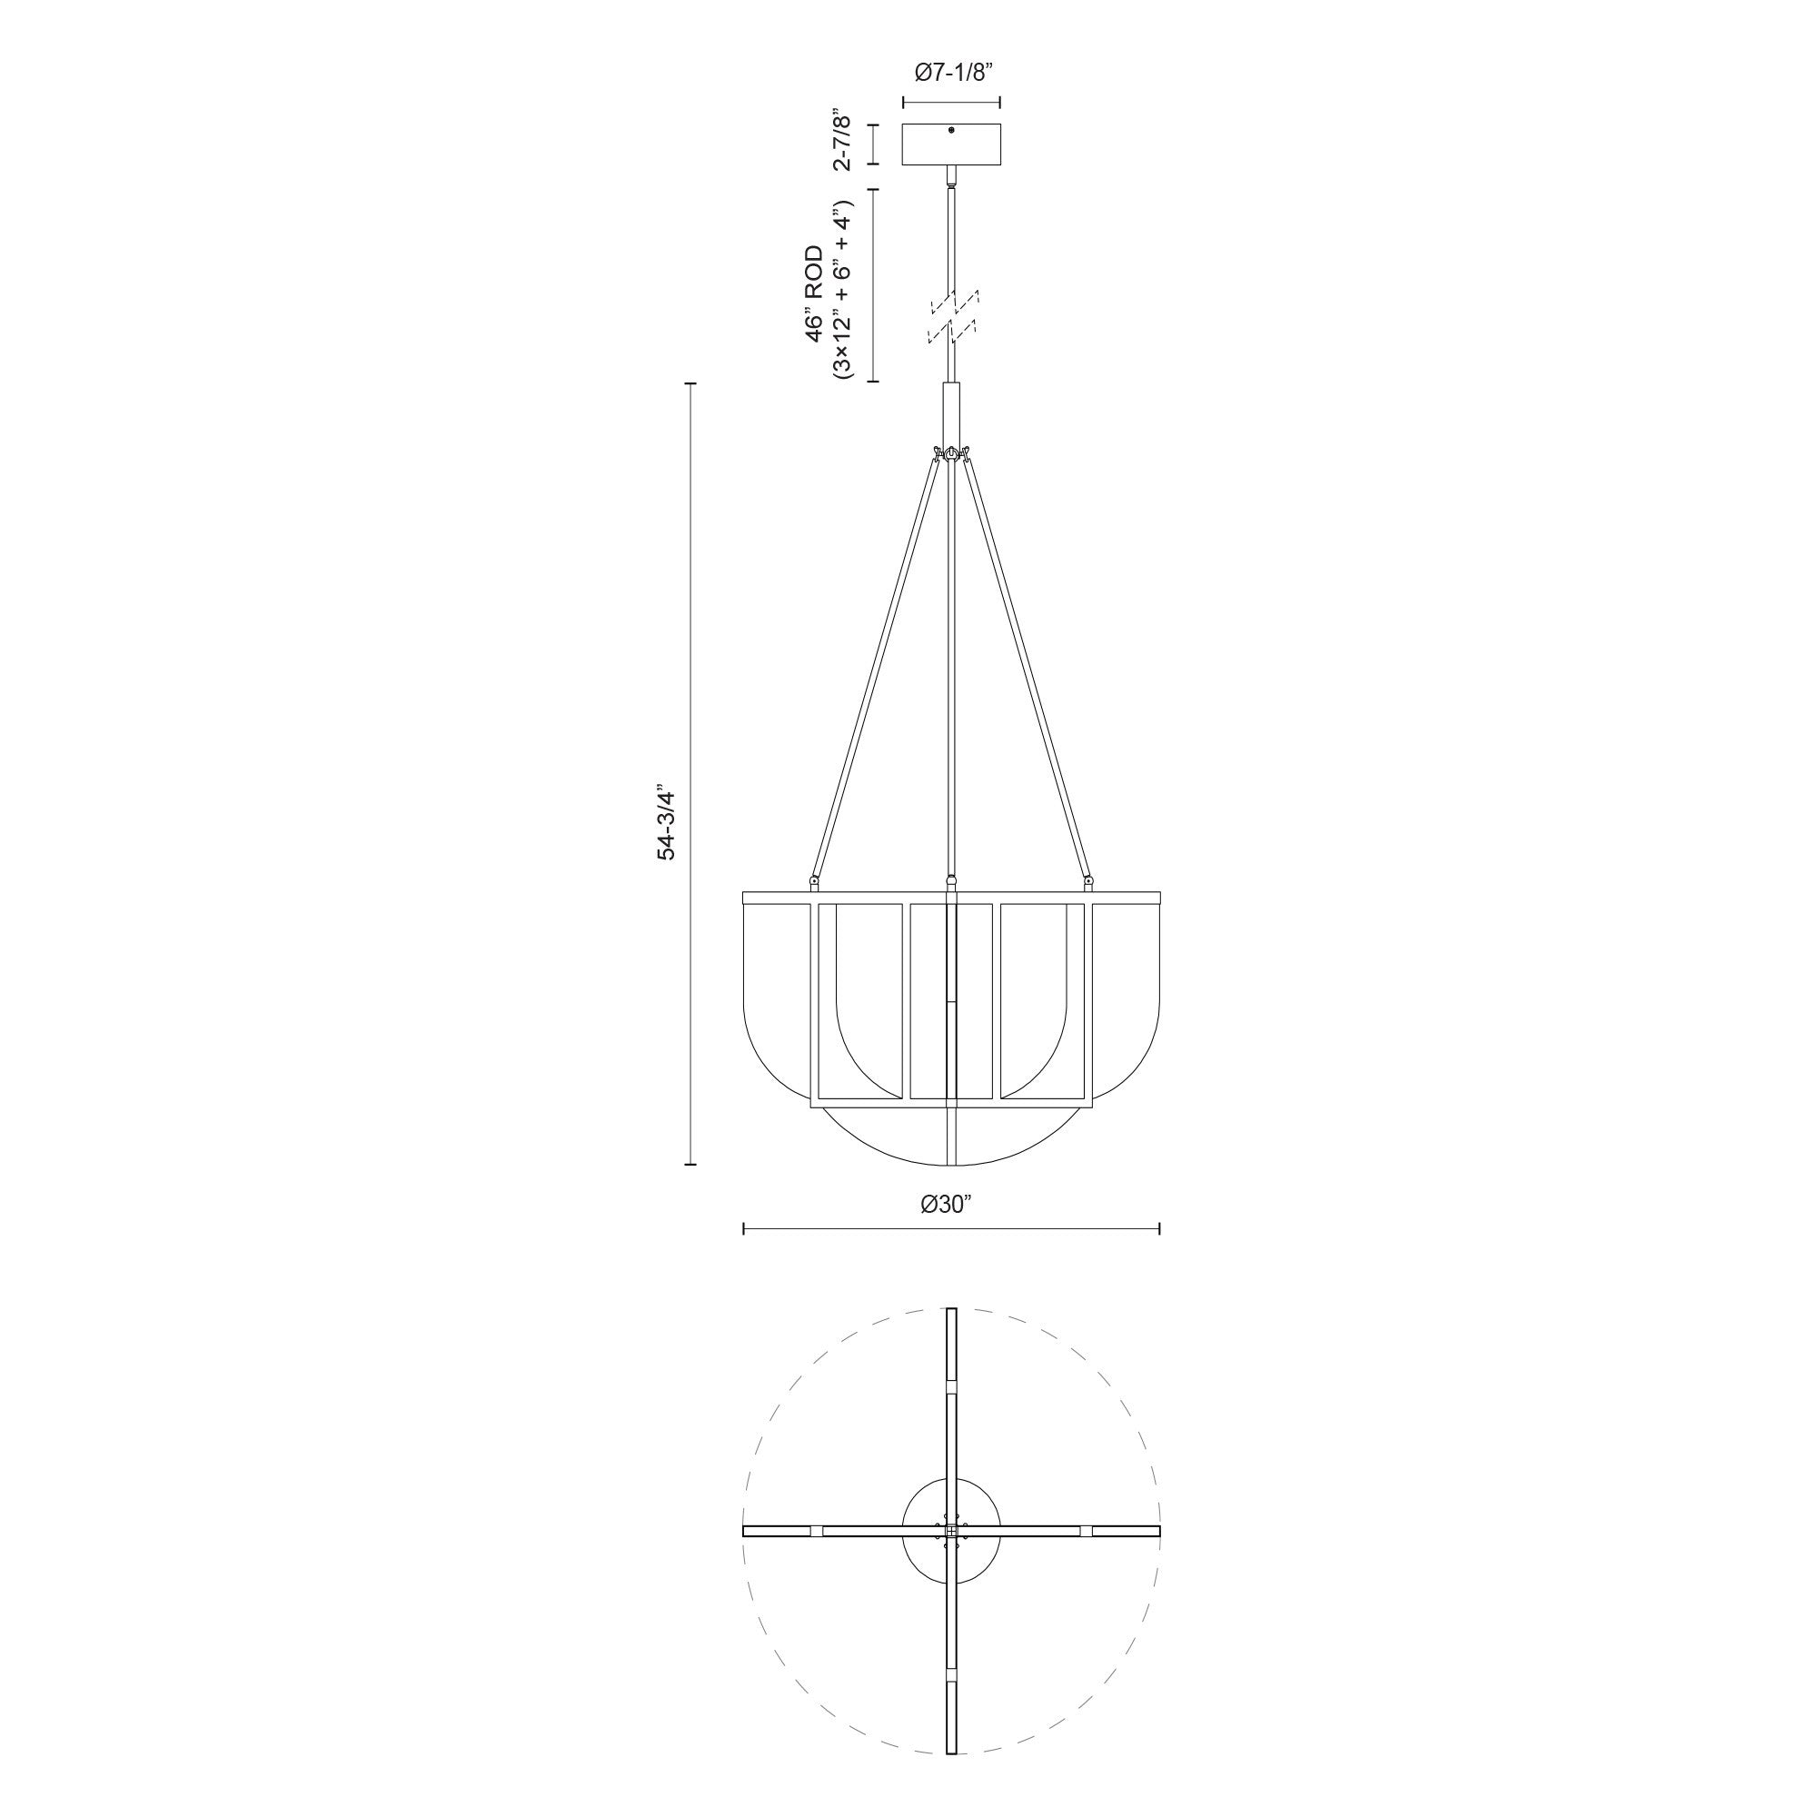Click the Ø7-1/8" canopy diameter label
tap(951, 74)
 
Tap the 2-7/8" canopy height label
tap(843, 143)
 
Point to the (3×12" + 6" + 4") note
tap(842, 288)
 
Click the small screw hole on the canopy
tap(952, 131)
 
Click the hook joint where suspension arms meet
tap(953, 455)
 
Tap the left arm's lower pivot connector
tap(812, 880)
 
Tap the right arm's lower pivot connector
tap(1089, 880)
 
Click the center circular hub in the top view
tap(952, 1531)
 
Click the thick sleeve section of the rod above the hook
tap(952, 413)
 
